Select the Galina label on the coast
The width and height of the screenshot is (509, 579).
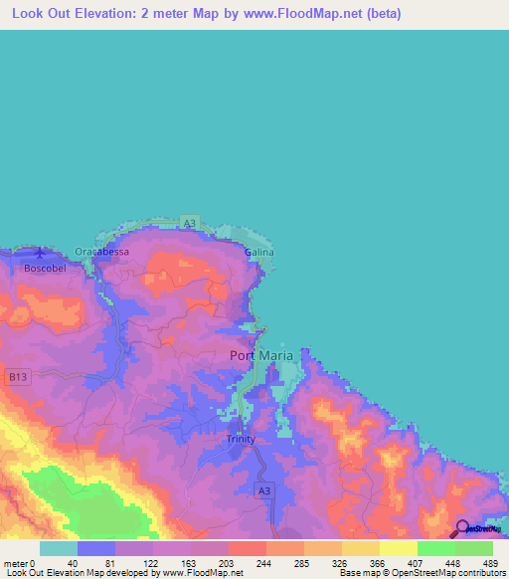(x=258, y=253)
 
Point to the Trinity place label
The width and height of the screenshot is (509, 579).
(x=241, y=439)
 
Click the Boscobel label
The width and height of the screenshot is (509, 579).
(x=44, y=269)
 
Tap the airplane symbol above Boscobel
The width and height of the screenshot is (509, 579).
(x=39, y=253)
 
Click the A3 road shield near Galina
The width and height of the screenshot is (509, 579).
(x=191, y=223)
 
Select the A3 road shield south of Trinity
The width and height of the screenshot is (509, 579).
(x=263, y=490)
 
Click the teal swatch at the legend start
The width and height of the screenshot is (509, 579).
(x=59, y=548)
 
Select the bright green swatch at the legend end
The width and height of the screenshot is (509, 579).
(x=473, y=548)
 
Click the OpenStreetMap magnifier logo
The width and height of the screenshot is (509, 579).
(x=462, y=528)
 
